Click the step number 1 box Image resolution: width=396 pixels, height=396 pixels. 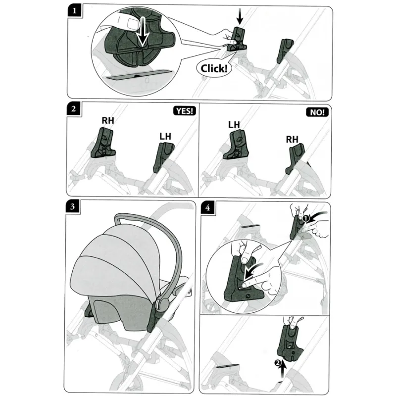(75, 10)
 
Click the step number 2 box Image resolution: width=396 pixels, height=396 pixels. (74, 109)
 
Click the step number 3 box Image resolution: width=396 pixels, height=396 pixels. (73, 206)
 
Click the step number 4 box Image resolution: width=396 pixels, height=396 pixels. (208, 207)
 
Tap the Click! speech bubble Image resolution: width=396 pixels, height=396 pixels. (214, 68)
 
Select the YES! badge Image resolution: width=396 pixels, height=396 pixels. (185, 110)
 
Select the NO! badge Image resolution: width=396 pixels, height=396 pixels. (317, 112)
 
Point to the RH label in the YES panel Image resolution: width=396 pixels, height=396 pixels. (108, 120)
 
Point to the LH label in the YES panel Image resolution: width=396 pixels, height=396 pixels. (165, 137)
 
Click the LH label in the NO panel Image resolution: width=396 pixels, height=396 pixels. (234, 125)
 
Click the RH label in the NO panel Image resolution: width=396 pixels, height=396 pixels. (292, 139)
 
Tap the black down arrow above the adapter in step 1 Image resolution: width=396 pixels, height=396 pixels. (240, 16)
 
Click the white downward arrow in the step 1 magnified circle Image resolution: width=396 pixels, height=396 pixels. (143, 32)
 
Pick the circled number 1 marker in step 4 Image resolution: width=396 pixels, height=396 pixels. (306, 218)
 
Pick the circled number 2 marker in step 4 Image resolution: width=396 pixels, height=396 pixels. (277, 363)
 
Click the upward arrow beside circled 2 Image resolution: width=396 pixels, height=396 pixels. (283, 369)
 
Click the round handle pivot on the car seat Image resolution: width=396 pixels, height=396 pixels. (163, 303)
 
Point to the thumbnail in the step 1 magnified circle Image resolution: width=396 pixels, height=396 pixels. (133, 23)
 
